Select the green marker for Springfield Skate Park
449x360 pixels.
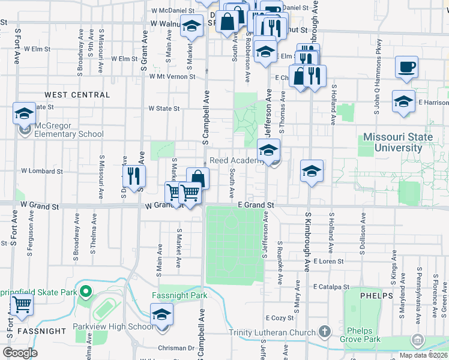(85, 293)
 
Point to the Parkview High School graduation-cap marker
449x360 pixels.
(161, 315)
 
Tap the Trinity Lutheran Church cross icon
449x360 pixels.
(324, 331)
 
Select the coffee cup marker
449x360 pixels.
(406, 67)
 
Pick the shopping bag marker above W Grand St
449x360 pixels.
(197, 178)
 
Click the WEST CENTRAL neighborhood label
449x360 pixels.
(77, 95)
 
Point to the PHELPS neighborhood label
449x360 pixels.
(376, 296)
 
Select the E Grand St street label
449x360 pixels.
(256, 205)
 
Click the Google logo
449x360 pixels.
(20, 352)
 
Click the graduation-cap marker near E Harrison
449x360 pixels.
(403, 101)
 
